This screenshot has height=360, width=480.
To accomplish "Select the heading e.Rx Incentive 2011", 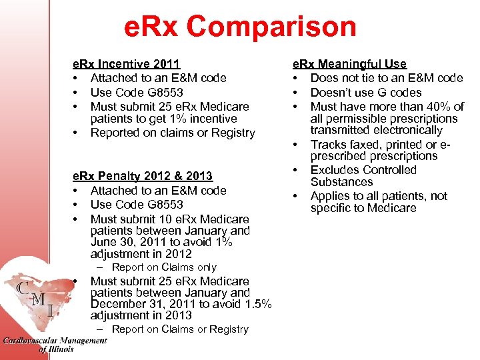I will (x=126, y=64).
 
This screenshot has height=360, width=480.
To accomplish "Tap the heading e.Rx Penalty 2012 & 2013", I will (x=142, y=176).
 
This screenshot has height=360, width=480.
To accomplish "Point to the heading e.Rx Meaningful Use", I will (x=349, y=64).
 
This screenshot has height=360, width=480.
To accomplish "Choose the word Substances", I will (x=341, y=182).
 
